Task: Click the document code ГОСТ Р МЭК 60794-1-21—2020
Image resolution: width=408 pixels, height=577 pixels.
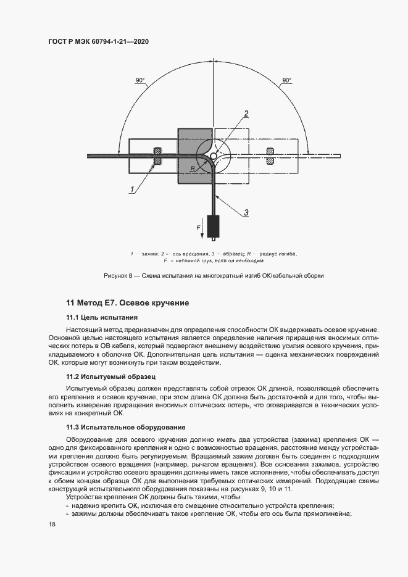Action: point(99,42)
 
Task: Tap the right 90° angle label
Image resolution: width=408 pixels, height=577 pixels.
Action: point(286,81)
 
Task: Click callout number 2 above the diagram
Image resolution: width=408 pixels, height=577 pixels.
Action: point(246,113)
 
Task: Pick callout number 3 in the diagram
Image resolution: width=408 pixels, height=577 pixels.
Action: point(246,213)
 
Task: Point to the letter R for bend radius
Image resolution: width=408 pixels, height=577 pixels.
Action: point(193,168)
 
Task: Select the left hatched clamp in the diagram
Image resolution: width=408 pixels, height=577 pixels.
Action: point(158,156)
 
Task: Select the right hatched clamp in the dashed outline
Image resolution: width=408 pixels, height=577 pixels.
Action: point(270,156)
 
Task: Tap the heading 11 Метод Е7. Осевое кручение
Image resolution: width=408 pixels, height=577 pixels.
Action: point(127,303)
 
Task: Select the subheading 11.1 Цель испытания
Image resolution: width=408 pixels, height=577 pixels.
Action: point(102,317)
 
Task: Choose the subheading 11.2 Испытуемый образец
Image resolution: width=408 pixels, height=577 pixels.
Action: point(111,376)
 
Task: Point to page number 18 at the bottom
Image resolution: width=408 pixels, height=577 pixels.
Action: point(52,525)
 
